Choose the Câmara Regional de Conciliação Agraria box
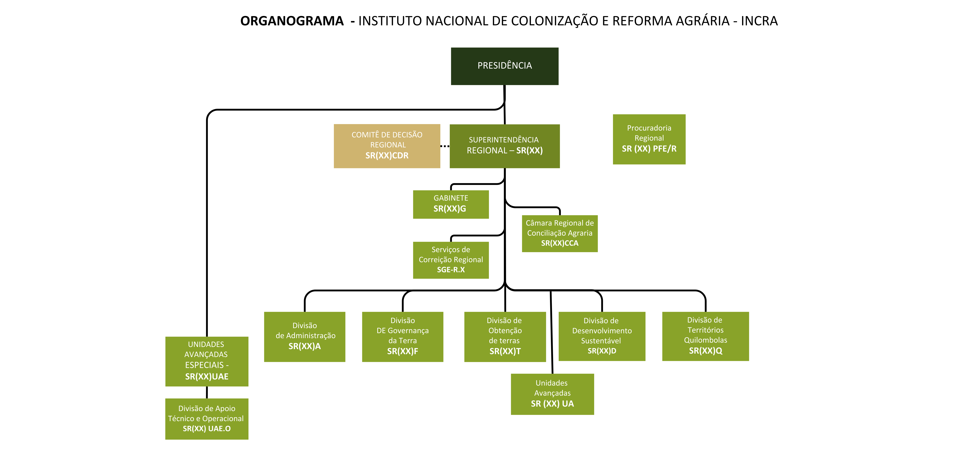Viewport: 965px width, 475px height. click(560, 233)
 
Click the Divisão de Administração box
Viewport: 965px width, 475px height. click(305, 336)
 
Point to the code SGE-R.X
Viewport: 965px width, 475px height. click(451, 270)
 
